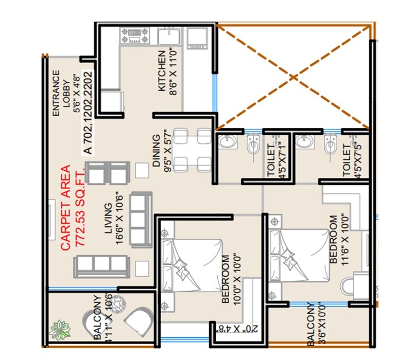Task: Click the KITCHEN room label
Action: tap(166, 72)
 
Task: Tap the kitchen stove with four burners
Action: tap(134, 35)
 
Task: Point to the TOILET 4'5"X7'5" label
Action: tap(351, 160)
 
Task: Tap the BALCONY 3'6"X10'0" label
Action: tap(316, 325)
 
